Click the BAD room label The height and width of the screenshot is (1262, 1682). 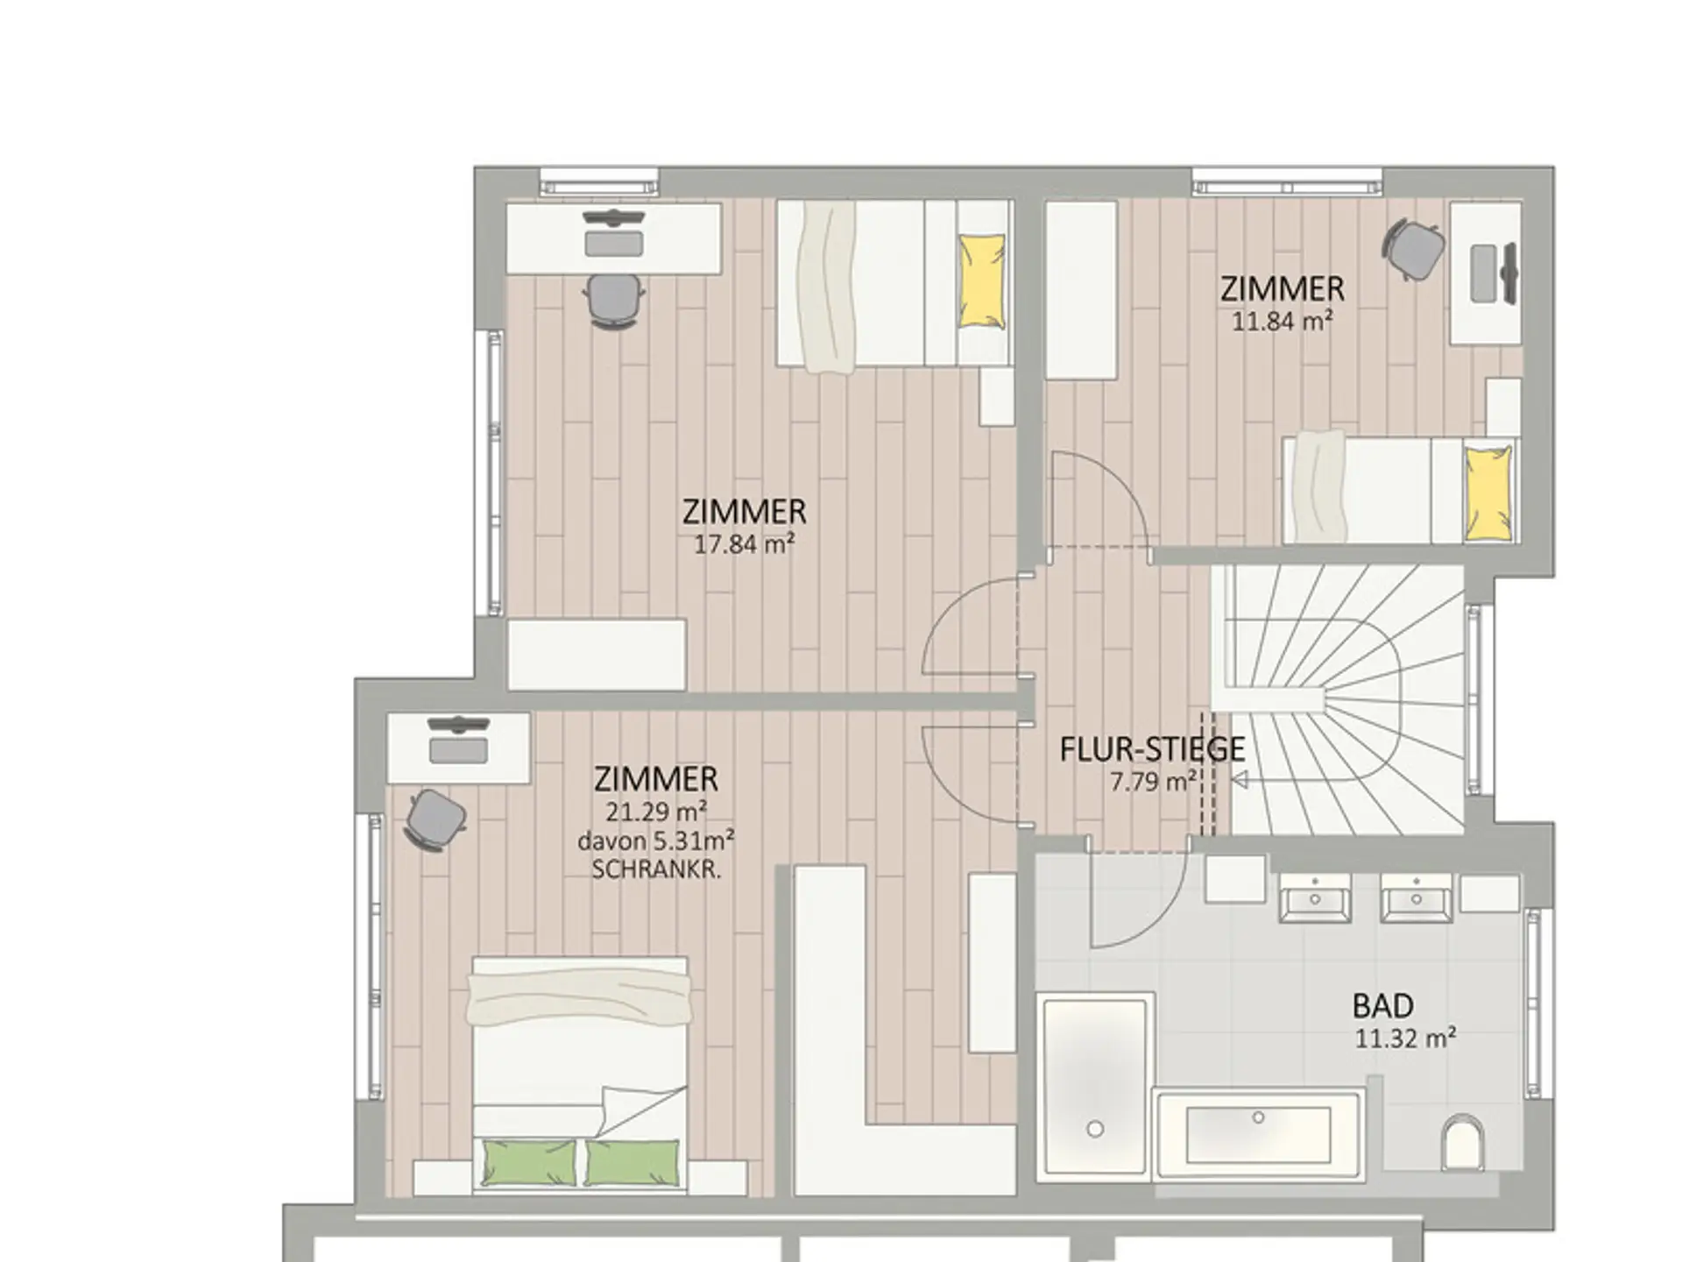[1383, 1005]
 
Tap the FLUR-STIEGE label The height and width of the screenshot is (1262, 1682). [1152, 749]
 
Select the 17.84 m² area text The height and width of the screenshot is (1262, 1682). [745, 544]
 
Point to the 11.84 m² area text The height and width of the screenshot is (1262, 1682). [1283, 322]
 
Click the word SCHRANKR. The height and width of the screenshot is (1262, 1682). [656, 870]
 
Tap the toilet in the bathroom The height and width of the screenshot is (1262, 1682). [1463, 1140]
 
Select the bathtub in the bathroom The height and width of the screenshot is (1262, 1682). [1258, 1134]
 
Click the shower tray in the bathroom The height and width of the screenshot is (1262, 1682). [1094, 1086]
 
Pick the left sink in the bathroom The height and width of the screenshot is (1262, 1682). [1315, 897]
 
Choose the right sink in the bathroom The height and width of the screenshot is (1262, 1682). [1417, 897]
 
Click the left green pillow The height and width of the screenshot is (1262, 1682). [530, 1163]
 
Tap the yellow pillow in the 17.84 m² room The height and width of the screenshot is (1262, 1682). [981, 281]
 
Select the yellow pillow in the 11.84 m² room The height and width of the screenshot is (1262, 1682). [1488, 493]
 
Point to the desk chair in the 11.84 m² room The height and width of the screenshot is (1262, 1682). [1413, 250]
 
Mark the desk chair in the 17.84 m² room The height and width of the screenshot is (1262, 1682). [614, 301]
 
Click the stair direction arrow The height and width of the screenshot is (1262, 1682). [1239, 780]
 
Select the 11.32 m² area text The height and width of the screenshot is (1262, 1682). [1405, 1039]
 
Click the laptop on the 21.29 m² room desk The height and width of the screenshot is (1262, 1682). [458, 750]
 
